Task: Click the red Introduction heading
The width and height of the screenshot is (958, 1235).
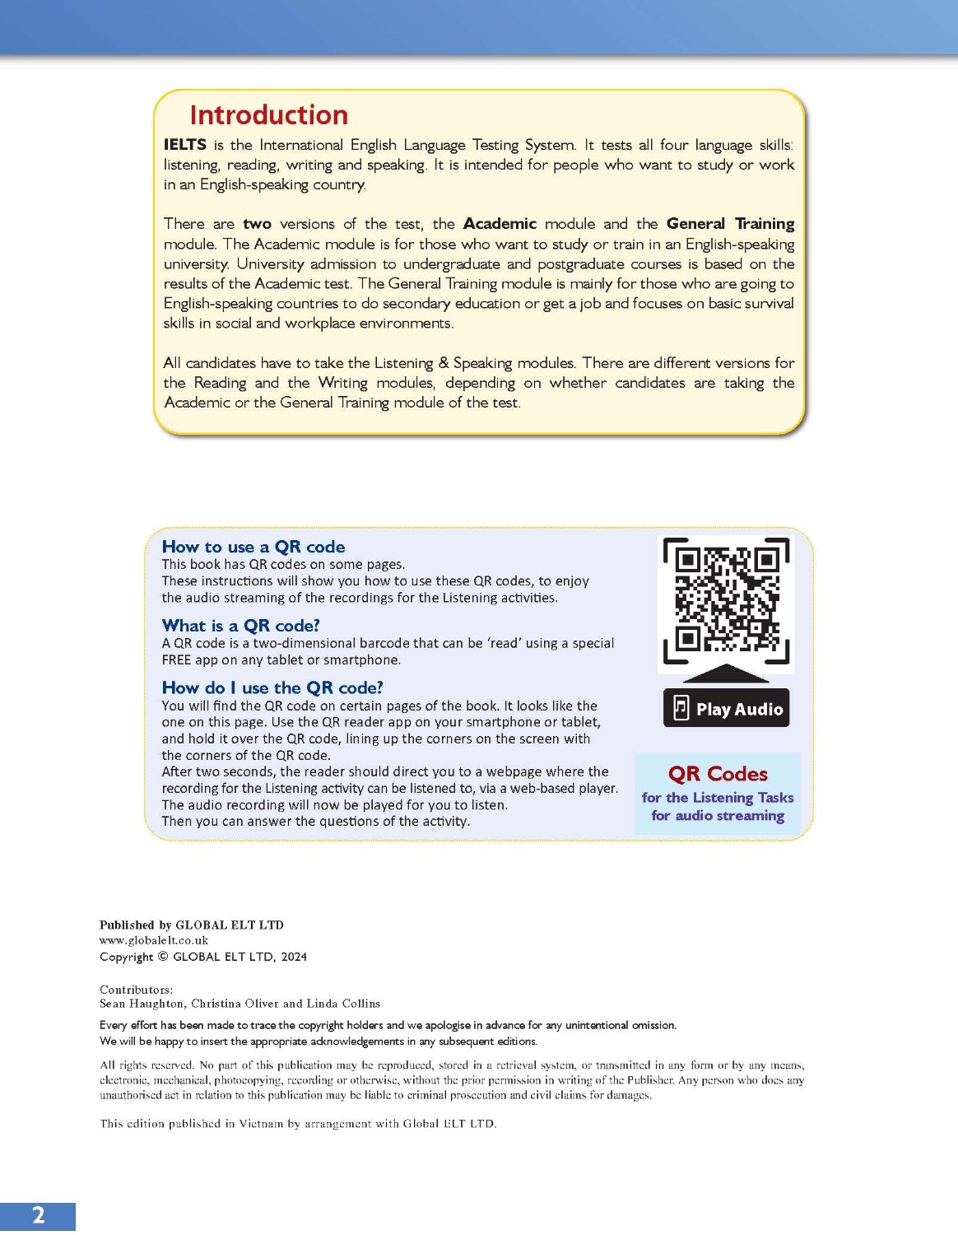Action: (268, 114)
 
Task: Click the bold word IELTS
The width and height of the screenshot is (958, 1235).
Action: (184, 145)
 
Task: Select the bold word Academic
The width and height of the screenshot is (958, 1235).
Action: (500, 224)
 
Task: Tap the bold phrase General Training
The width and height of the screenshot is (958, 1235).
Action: (730, 224)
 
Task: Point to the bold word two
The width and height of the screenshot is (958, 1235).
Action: (257, 224)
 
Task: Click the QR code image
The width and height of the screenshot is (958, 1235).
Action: (726, 600)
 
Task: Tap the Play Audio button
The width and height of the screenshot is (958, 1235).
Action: (726, 709)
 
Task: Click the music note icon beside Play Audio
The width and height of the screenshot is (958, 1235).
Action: (681, 708)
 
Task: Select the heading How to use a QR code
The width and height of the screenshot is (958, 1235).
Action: (253, 547)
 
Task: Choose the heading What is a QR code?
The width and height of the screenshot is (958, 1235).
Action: (240, 626)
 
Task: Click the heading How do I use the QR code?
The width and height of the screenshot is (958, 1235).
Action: (272, 687)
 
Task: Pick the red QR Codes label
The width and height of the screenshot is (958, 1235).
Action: (718, 774)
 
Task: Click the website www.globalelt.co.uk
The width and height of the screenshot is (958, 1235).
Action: (154, 940)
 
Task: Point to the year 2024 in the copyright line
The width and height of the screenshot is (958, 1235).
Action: (293, 957)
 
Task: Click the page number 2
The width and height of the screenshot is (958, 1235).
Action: (38, 1215)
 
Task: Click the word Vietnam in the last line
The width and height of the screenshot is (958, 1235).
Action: (262, 1124)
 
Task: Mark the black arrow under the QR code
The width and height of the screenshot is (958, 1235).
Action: (726, 673)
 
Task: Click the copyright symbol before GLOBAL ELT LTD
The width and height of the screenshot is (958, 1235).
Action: (163, 957)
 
